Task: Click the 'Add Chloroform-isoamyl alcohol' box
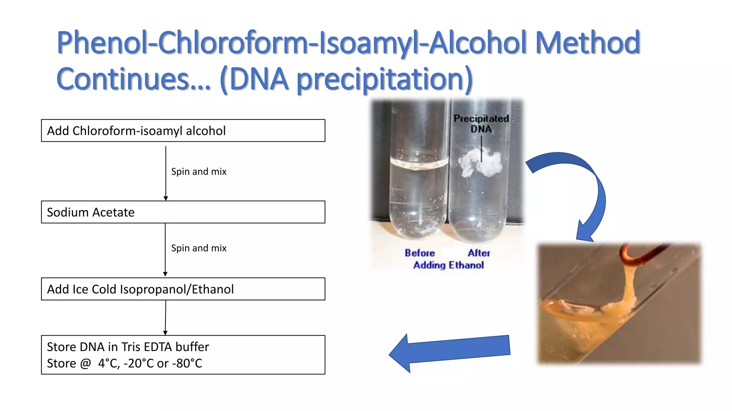coord(183,131)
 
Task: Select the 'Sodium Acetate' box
coord(183,212)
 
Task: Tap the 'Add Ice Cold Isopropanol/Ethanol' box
coord(183,289)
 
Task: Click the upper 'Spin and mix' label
coord(199,172)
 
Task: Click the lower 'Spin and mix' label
coord(199,248)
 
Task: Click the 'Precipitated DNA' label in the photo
coord(481,123)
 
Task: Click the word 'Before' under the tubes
coord(420,253)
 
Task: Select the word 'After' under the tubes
coord(479,253)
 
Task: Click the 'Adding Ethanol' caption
coord(449,265)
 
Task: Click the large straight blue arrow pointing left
coord(450,351)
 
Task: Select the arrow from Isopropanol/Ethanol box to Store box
coord(165,317)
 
